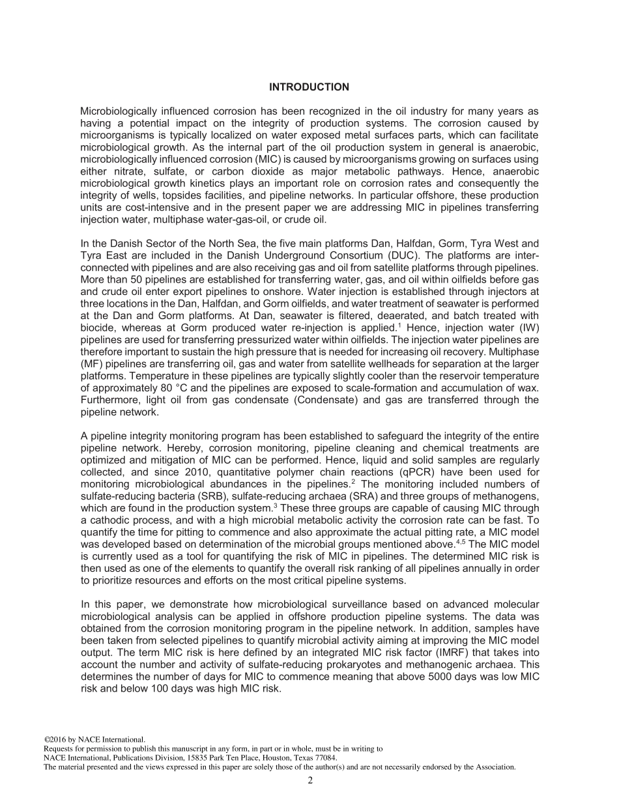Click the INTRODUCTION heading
(309, 87)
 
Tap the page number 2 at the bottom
(310, 781)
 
